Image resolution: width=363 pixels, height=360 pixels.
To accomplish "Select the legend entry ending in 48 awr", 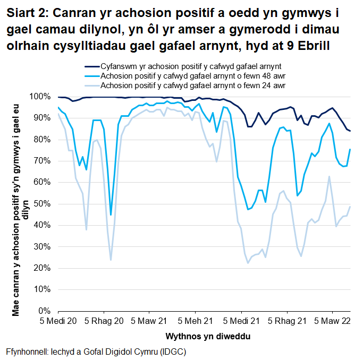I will click(x=193, y=76).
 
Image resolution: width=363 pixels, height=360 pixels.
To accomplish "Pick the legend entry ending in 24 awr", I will click(x=193, y=85).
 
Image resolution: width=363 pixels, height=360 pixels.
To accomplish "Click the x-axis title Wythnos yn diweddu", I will click(x=203, y=337).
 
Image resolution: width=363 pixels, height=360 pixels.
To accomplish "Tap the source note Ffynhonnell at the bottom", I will click(x=96, y=352).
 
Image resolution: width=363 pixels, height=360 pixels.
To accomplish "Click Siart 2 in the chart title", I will click(x=27, y=12).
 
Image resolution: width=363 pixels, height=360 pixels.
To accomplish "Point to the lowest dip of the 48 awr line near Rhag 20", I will click(x=111, y=215).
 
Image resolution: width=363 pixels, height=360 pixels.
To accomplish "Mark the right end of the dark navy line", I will click(x=350, y=131).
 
